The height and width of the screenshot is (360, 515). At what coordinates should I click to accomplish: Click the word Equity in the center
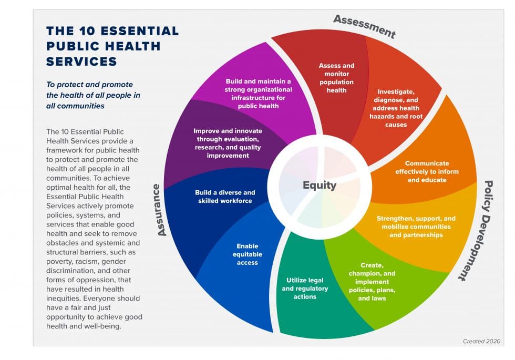point(319,185)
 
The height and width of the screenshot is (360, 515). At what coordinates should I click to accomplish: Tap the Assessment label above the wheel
point(364,26)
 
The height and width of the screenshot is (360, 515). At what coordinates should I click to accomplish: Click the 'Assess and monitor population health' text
point(336,78)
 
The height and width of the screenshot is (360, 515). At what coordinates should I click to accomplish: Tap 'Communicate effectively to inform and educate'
point(427,171)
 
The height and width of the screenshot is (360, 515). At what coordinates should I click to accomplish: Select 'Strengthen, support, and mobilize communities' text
point(416,227)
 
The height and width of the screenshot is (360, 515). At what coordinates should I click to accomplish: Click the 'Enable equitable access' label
point(247,254)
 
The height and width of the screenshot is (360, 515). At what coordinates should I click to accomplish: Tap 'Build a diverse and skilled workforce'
point(225,197)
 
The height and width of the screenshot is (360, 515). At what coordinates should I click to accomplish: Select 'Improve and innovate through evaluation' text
point(228,143)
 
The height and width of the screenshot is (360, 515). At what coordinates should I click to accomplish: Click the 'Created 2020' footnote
point(481,341)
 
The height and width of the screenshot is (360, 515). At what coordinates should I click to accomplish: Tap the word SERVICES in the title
point(81,61)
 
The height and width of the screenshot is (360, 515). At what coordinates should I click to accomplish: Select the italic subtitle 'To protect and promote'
point(89,85)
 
